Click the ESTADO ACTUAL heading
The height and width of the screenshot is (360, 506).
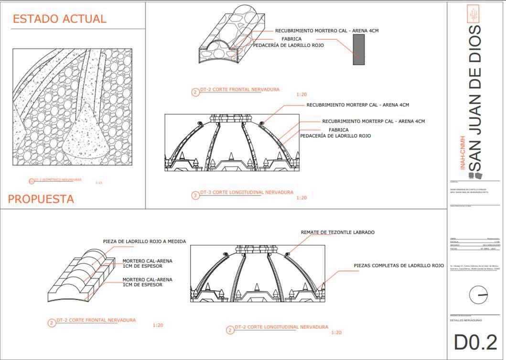tap(59, 19)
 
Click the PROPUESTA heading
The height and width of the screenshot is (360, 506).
tap(41, 199)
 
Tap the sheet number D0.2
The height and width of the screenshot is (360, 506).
tap(475, 342)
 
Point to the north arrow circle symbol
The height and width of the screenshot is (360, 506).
tap(478, 295)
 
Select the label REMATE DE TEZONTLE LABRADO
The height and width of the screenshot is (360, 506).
tap(337, 232)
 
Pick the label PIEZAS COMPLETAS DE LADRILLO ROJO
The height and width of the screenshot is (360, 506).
tap(399, 265)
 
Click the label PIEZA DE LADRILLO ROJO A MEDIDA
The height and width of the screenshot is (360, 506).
tap(144, 241)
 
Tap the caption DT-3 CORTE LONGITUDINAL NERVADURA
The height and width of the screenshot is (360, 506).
tap(247, 193)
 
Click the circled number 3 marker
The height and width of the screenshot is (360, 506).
tap(195, 195)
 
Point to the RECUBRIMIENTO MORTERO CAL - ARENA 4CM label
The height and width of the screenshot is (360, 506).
tap(321, 31)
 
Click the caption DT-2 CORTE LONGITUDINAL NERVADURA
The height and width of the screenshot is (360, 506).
tap(281, 327)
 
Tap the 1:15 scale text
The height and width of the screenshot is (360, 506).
tap(99, 183)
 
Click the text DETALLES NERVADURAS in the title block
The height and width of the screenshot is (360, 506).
tap(466, 320)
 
